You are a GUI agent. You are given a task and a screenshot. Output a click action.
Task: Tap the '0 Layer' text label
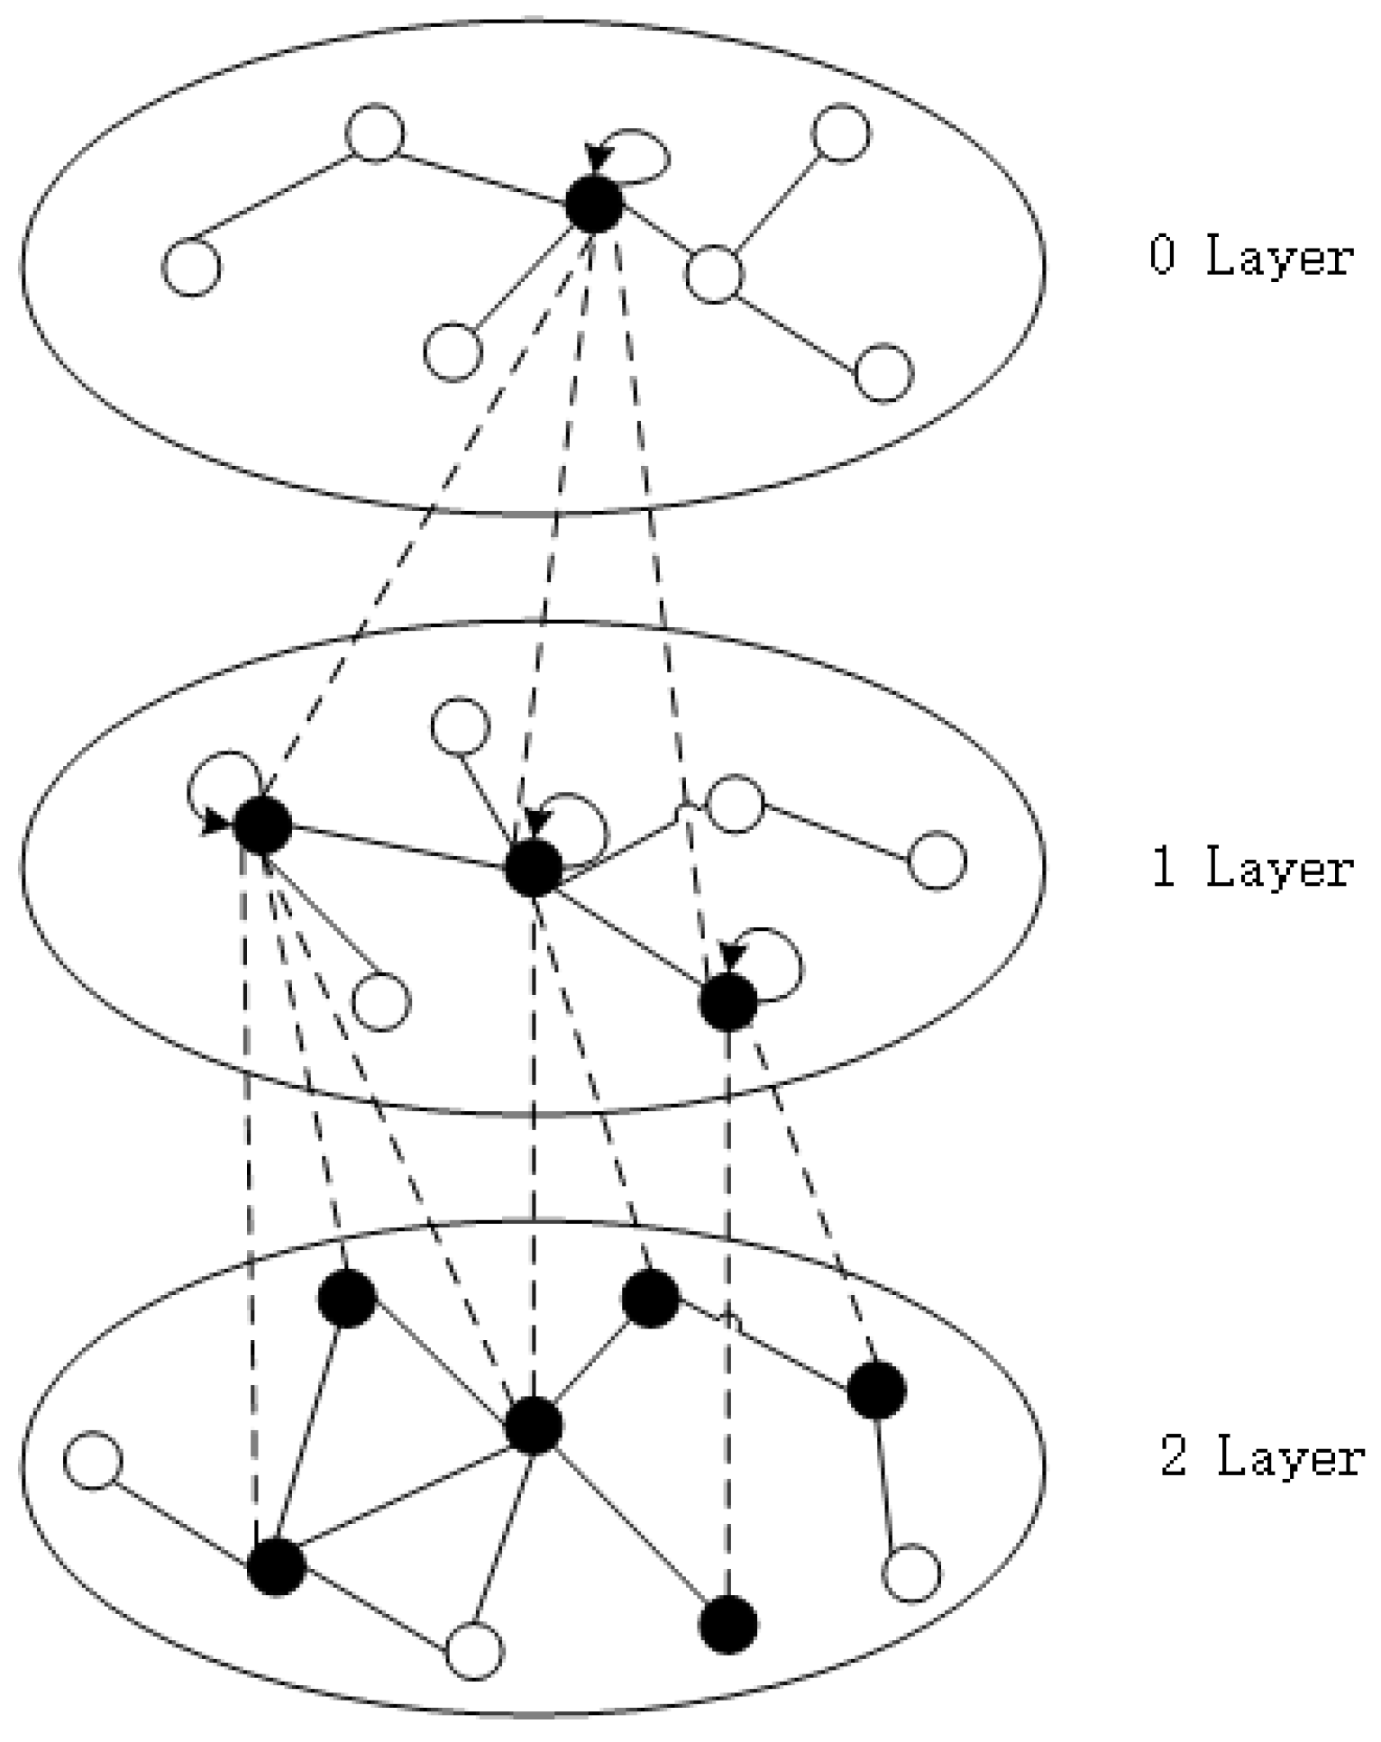(1250, 257)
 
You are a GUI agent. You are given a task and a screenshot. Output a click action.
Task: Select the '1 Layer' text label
(1252, 870)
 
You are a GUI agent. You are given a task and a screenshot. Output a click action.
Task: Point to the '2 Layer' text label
(1261, 1457)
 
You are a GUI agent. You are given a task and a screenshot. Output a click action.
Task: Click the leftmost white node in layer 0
(191, 268)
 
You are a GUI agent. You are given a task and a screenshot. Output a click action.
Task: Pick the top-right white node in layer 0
(840, 133)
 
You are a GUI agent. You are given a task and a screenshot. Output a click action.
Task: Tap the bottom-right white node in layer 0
(883, 372)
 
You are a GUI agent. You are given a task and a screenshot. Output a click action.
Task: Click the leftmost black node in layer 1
(262, 825)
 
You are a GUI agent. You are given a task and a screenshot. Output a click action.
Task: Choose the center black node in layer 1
(534, 870)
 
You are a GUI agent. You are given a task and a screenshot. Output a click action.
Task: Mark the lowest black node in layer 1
(728, 1003)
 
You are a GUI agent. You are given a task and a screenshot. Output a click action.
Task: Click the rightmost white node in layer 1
(937, 861)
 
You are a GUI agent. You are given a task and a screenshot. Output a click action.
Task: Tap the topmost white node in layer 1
(461, 725)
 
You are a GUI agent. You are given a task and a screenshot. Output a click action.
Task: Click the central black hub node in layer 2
(534, 1427)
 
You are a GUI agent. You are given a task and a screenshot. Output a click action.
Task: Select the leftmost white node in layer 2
(92, 1461)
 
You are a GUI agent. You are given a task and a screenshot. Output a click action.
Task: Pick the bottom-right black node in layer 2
(728, 1625)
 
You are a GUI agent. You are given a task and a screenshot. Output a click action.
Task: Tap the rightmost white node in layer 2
(911, 1573)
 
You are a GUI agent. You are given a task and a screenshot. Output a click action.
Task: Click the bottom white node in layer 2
(474, 1651)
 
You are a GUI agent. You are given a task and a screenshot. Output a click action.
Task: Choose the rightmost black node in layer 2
(876, 1391)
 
